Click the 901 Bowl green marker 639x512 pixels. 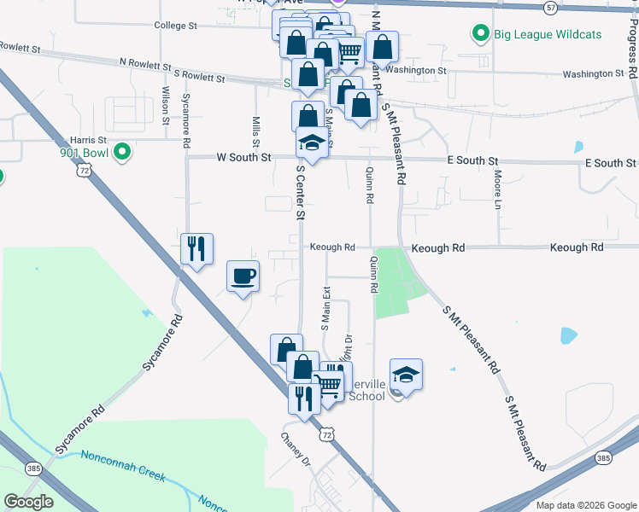(122, 153)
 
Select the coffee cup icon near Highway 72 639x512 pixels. (243, 276)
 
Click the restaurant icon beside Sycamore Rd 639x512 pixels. (196, 248)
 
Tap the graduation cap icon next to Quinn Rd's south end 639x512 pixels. (407, 374)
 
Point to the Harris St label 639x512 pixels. (88, 139)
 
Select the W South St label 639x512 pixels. (243, 157)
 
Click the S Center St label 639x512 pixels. (300, 193)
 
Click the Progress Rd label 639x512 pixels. (631, 50)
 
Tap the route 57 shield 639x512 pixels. (550, 7)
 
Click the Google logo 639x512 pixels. (28, 503)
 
